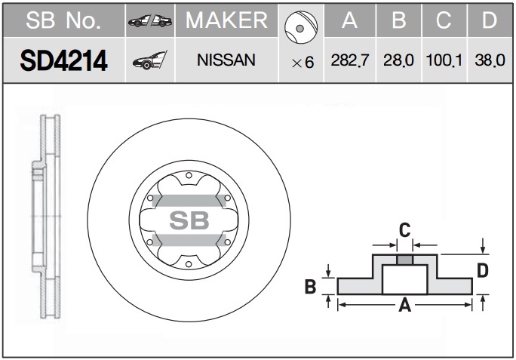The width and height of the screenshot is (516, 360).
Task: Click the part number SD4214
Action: (64, 60)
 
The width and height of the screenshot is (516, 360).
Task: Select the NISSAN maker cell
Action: (226, 60)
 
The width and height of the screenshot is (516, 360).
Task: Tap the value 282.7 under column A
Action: (350, 60)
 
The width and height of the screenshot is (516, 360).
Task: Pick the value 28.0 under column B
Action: (398, 60)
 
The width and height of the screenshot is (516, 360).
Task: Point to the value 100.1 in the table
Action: (444, 60)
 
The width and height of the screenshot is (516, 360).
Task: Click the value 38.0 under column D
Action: (490, 60)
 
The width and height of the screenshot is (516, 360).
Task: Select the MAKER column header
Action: (226, 20)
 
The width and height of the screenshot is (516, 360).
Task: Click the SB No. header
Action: (63, 20)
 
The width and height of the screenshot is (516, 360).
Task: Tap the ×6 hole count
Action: (303, 63)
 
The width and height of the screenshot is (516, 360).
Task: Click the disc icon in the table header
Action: (301, 27)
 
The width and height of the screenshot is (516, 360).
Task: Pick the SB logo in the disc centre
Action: (189, 220)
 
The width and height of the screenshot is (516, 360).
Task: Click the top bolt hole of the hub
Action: (189, 175)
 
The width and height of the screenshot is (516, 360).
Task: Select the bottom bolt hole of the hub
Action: (189, 264)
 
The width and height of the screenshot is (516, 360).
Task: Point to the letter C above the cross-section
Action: (405, 230)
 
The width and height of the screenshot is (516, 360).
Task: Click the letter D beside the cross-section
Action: (483, 271)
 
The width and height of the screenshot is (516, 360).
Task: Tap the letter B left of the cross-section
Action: (310, 287)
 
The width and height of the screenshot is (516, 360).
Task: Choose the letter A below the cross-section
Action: (405, 305)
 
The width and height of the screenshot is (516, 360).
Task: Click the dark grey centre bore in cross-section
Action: (405, 260)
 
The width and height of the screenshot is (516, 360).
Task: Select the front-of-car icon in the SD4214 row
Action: (149, 60)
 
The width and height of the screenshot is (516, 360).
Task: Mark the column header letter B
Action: (399, 20)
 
